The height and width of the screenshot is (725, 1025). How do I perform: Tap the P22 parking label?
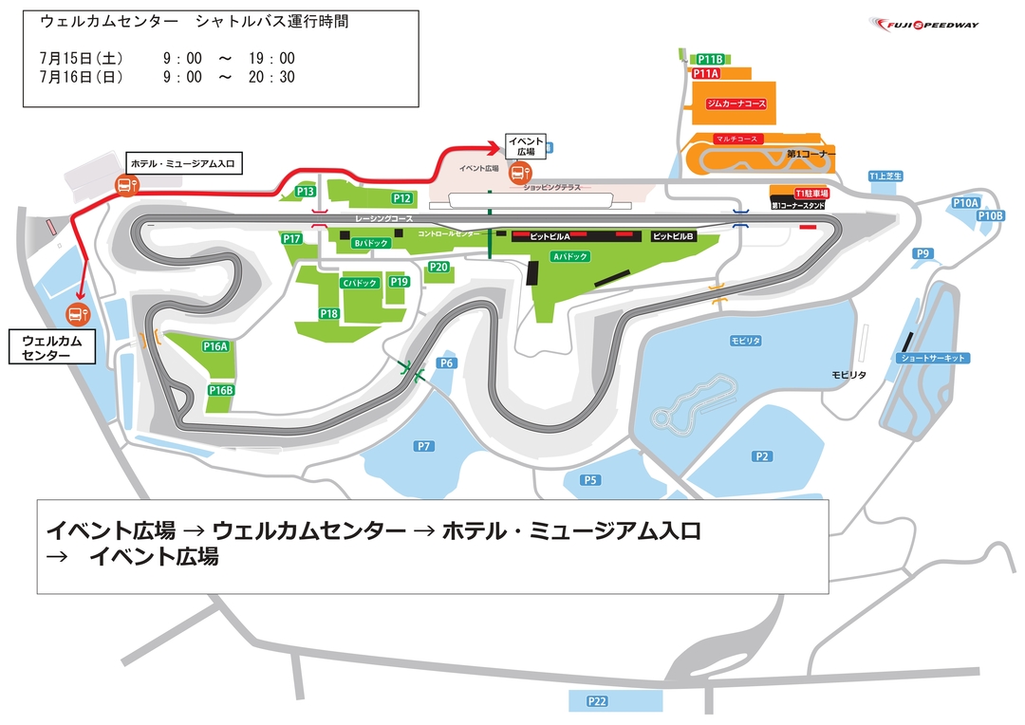tap(596, 701)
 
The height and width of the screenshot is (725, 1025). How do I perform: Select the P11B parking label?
tap(711, 59)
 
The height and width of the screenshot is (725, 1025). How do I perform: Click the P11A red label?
tap(706, 73)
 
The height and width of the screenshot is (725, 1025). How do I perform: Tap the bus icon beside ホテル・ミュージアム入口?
tap(124, 185)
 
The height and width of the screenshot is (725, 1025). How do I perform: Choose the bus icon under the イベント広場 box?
tap(519, 174)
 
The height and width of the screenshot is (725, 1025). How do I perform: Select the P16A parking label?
tap(216, 346)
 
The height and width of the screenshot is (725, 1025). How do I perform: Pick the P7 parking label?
tap(424, 446)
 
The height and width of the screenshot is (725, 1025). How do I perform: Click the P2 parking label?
tap(761, 456)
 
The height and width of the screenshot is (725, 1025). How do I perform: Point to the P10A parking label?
tap(964, 203)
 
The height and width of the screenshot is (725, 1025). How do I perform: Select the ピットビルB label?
tap(674, 235)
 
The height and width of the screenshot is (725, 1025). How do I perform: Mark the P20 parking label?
tap(438, 267)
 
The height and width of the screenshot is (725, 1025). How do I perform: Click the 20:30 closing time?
tap(274, 78)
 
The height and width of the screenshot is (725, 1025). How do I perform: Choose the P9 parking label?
tap(922, 252)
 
